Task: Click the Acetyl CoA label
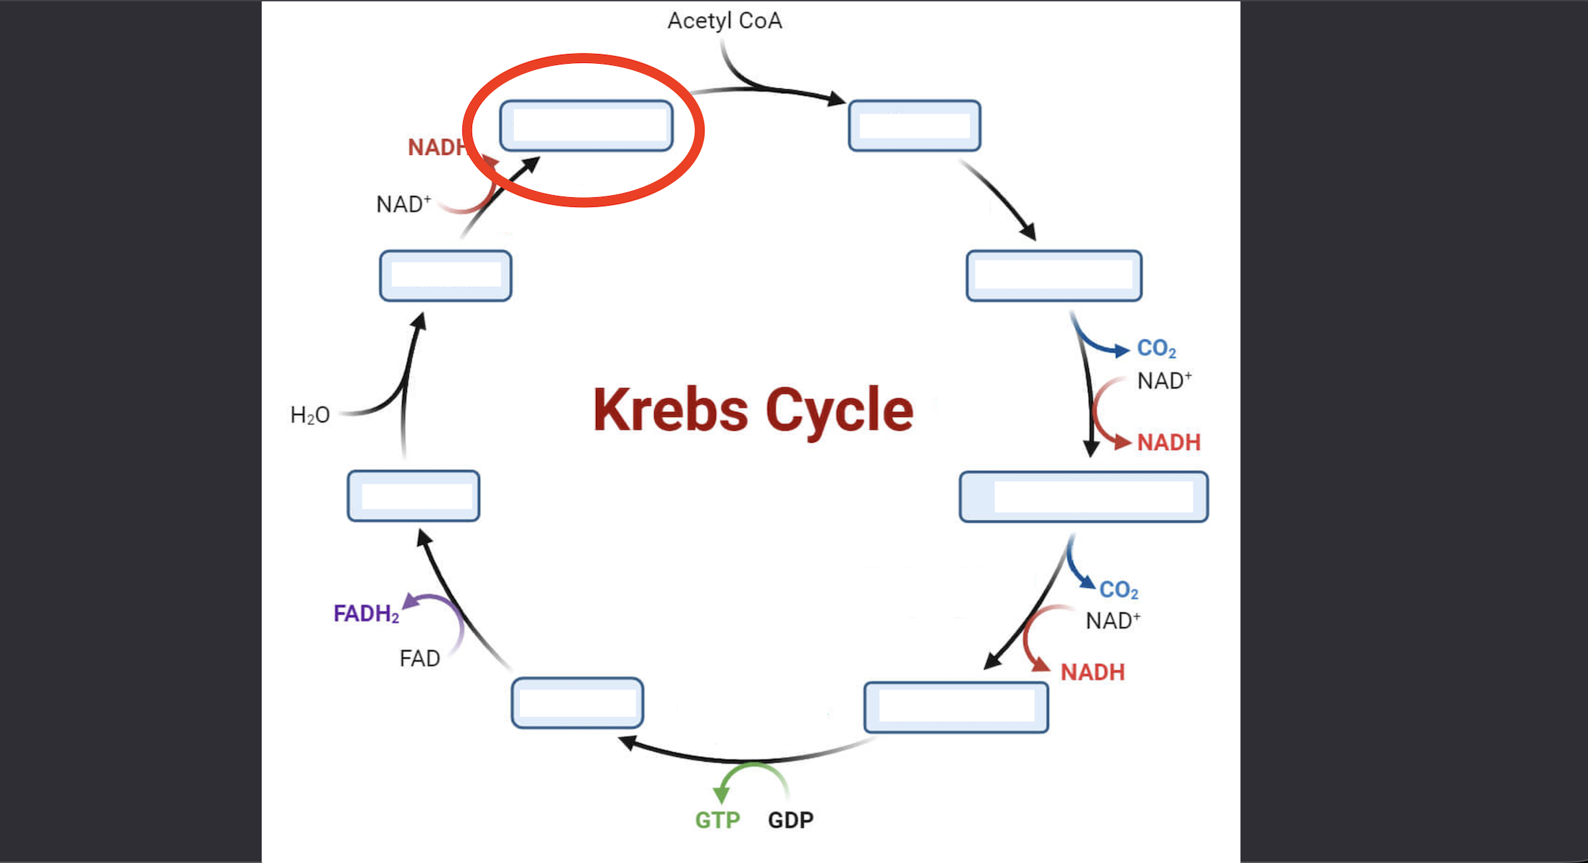tap(724, 21)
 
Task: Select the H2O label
tap(310, 415)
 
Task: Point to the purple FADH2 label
tap(366, 613)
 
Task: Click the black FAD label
tap(419, 658)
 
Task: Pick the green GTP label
tap(717, 820)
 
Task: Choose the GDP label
tap(791, 820)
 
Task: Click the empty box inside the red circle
tap(586, 125)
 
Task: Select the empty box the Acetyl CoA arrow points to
tap(914, 125)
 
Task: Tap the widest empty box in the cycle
tap(1083, 497)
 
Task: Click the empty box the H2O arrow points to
tap(445, 275)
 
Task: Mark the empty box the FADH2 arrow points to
tap(413, 496)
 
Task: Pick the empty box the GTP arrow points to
tap(577, 703)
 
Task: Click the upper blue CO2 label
tap(1156, 349)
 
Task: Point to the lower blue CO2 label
tap(1119, 590)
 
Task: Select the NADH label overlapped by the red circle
tap(436, 147)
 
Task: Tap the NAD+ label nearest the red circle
tap(404, 204)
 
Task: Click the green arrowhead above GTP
tap(721, 795)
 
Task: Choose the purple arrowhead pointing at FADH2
tap(411, 602)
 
